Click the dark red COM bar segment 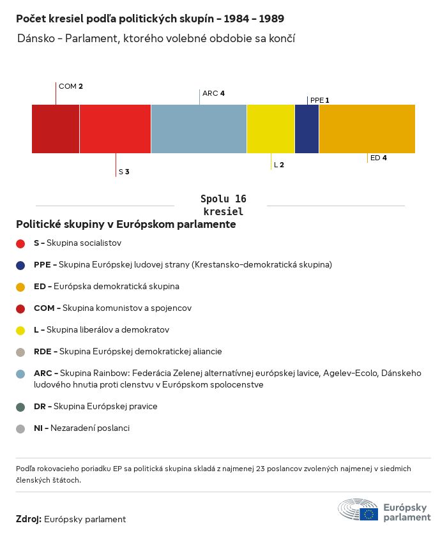pos(56,129)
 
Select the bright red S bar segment pos(115,129)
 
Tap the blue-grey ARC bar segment pos(199,129)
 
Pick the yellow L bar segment pos(271,129)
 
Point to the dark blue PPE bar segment pos(307,129)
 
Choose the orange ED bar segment pos(367,129)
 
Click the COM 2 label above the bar pos(71,86)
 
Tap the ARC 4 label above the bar pos(213,93)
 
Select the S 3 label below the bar pos(124,172)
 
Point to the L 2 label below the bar pos(278,165)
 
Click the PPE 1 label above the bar pos(319,100)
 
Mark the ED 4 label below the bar pos(379,158)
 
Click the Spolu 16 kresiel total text pos(223,205)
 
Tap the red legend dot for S pos(20,243)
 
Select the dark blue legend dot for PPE pos(20,265)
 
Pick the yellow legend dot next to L pos(20,330)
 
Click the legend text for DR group pos(96,407)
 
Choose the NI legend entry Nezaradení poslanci pos(82,428)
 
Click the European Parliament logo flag pos(368,513)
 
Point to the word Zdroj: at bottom pos(29,520)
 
